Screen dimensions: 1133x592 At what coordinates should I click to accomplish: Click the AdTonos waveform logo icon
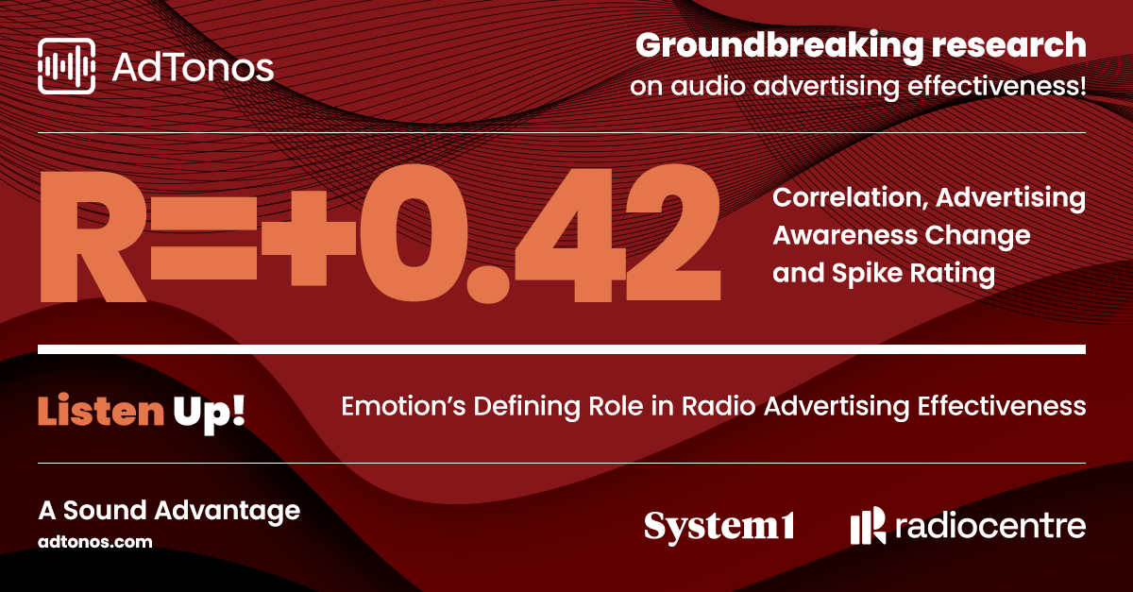pyautogui.click(x=66, y=66)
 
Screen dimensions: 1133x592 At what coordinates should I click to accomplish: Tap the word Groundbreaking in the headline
pyautogui.click(x=780, y=46)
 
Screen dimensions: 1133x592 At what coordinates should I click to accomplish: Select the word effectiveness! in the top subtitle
pyautogui.click(x=996, y=86)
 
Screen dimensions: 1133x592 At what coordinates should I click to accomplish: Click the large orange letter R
pyautogui.click(x=93, y=236)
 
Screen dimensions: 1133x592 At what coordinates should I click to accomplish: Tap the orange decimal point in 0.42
pyautogui.click(x=487, y=282)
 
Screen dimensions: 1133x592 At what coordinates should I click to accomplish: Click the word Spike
pyautogui.click(x=868, y=274)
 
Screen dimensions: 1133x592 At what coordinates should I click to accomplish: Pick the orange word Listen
pyautogui.click(x=101, y=411)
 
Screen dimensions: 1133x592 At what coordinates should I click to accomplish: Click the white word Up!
pyautogui.click(x=209, y=414)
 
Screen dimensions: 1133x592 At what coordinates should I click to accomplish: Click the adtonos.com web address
pyautogui.click(x=95, y=542)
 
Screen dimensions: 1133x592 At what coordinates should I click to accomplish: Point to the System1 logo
pyautogui.click(x=719, y=527)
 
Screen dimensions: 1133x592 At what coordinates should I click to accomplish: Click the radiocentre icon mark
pyautogui.click(x=868, y=525)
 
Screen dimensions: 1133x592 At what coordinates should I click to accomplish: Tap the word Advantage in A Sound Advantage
pyautogui.click(x=228, y=512)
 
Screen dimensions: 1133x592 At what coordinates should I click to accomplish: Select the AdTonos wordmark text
pyautogui.click(x=193, y=67)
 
